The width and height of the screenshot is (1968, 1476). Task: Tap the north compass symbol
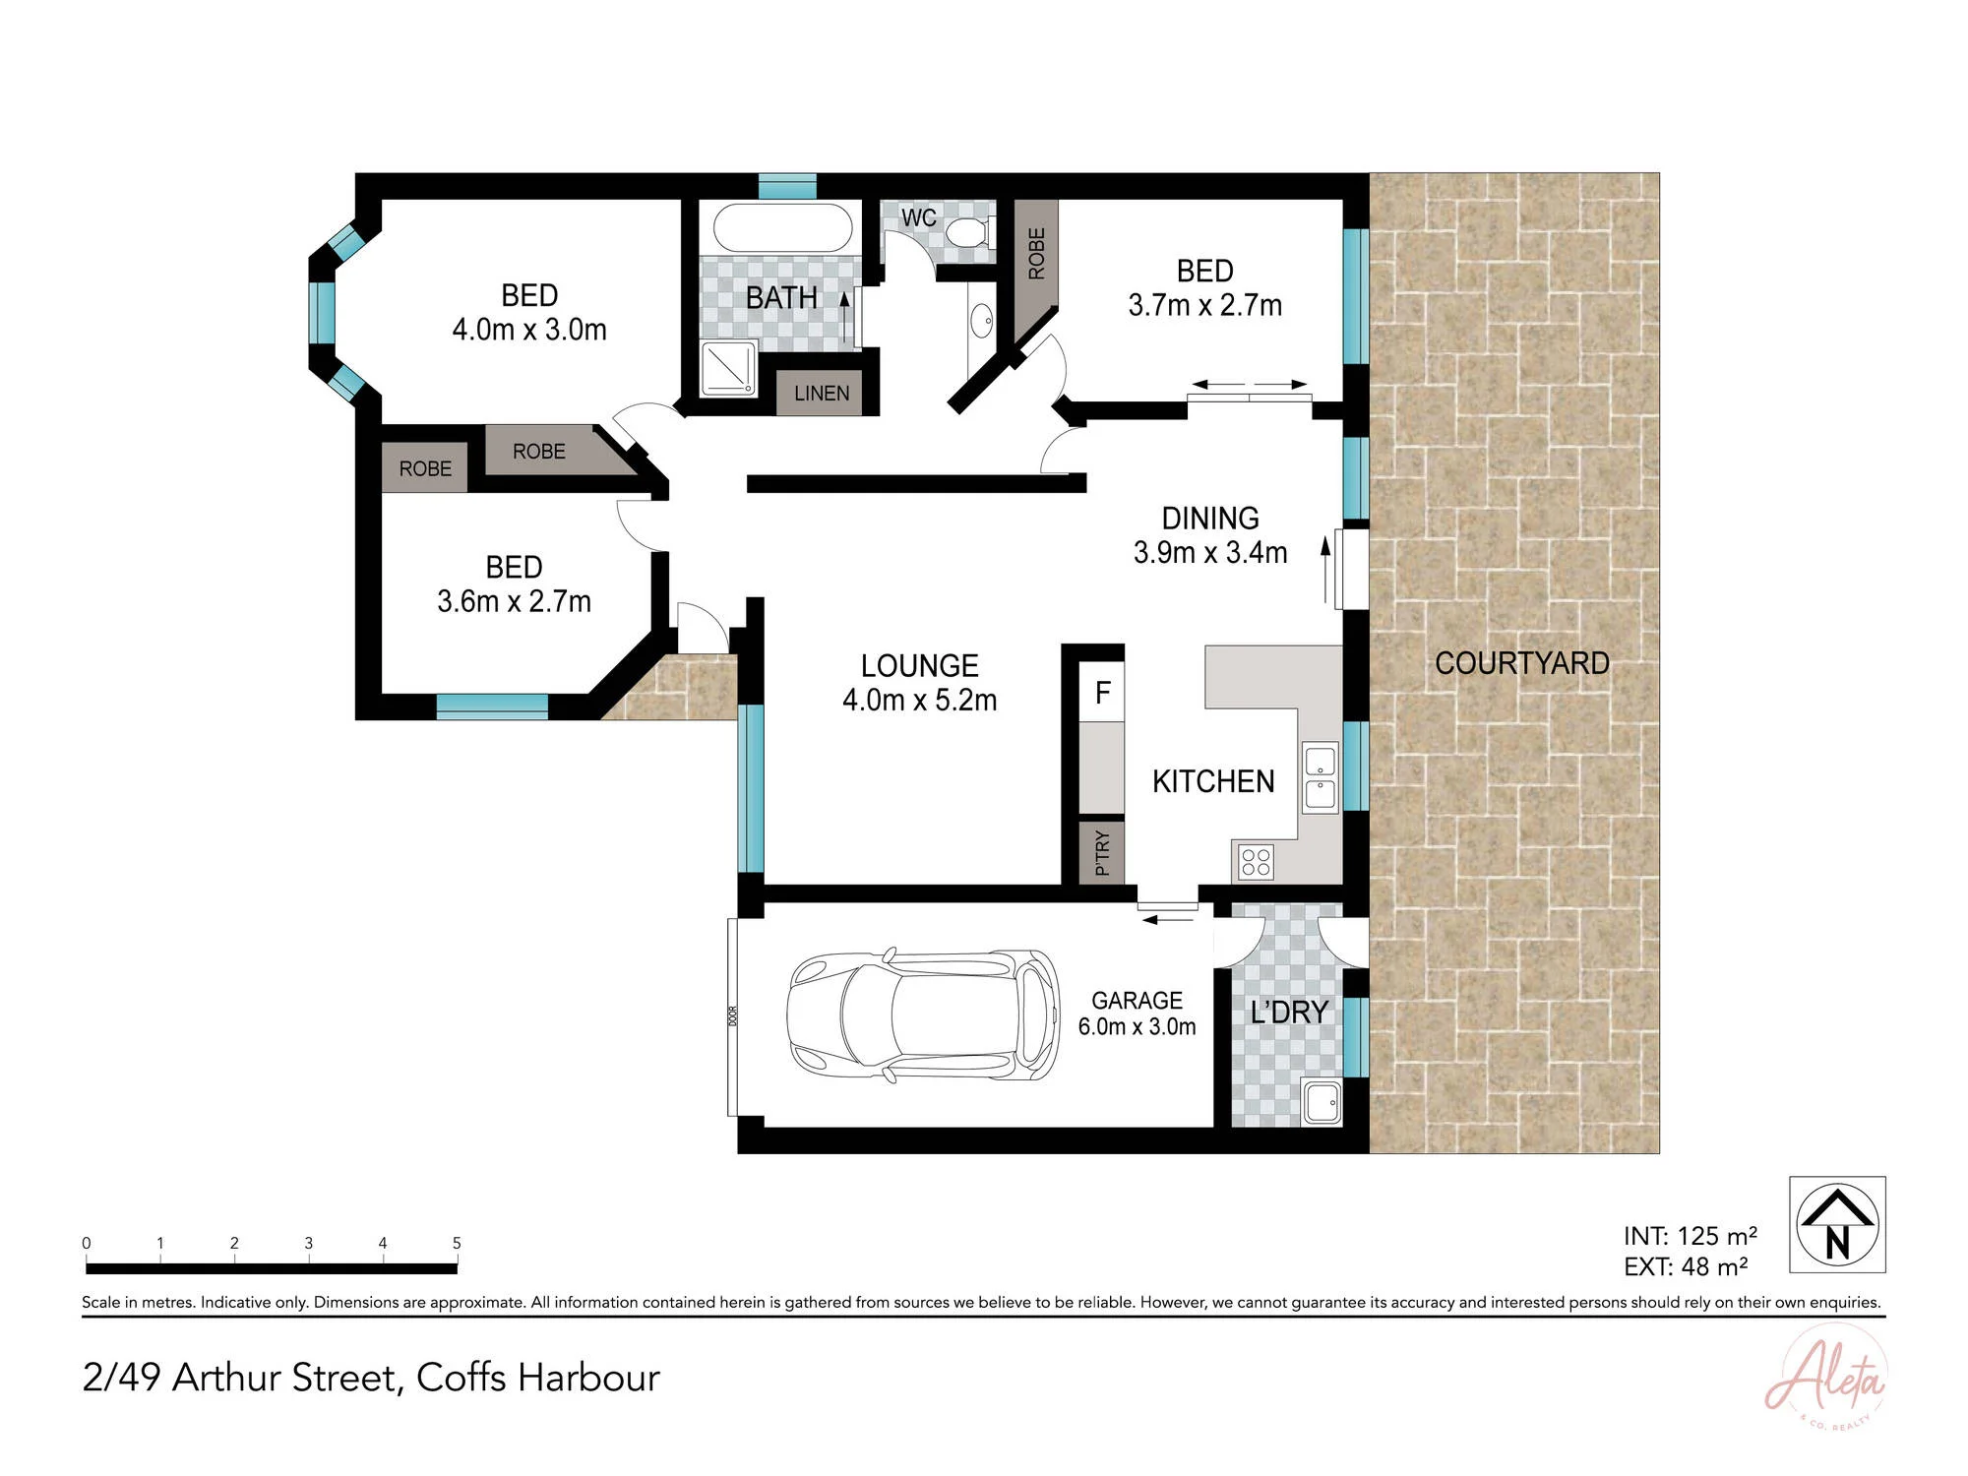pyautogui.click(x=1837, y=1225)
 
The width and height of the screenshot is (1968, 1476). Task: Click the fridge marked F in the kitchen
pyautogui.click(x=1102, y=693)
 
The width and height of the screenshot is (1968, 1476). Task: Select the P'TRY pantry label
pyautogui.click(x=1102, y=852)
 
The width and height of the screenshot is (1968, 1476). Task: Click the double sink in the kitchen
pyautogui.click(x=1321, y=777)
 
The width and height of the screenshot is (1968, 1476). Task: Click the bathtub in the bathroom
pyautogui.click(x=782, y=228)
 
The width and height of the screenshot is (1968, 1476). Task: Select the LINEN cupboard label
pyautogui.click(x=822, y=394)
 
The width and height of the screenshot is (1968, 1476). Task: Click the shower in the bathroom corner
pyautogui.click(x=728, y=368)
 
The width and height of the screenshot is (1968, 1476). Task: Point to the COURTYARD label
pyautogui.click(x=1522, y=663)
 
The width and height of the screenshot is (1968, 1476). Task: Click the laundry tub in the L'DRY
pyautogui.click(x=1322, y=1102)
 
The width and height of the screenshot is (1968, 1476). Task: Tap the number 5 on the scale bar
pyautogui.click(x=457, y=1243)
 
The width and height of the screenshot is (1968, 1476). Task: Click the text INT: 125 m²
pyautogui.click(x=1691, y=1236)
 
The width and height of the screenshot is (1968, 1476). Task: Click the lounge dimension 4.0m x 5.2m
pyautogui.click(x=920, y=700)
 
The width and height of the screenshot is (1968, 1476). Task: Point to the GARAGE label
pyautogui.click(x=1137, y=1000)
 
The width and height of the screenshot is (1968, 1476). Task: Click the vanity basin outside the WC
pyautogui.click(x=981, y=321)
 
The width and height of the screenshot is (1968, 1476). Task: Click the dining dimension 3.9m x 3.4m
pyautogui.click(x=1210, y=552)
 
